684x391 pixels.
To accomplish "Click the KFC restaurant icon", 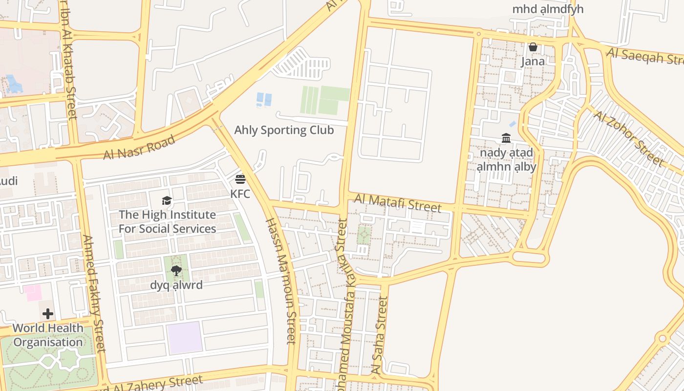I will [x=240, y=179].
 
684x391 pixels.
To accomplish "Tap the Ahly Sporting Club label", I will [x=284, y=130].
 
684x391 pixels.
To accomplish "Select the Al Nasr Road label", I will [x=139, y=148].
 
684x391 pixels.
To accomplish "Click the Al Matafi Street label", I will [x=398, y=203].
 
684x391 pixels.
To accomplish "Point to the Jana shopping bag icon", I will [x=533, y=47].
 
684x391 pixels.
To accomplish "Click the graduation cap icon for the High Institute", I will [x=167, y=200].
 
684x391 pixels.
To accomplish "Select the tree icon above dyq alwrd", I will [x=176, y=270].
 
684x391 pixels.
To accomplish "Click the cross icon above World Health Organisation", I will [x=48, y=313].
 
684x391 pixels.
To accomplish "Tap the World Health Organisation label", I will [x=48, y=335].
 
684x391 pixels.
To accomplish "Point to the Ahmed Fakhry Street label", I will [x=94, y=293].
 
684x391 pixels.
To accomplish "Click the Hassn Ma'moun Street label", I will [x=281, y=281].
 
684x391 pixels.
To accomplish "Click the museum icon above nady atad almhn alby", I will [x=506, y=138].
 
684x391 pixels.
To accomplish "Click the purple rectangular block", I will [x=185, y=337].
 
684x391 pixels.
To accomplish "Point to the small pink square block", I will [x=33, y=293].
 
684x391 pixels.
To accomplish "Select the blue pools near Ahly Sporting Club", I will [x=264, y=99].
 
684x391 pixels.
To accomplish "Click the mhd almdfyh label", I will [x=548, y=9].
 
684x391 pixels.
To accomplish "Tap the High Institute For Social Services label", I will [x=167, y=222].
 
